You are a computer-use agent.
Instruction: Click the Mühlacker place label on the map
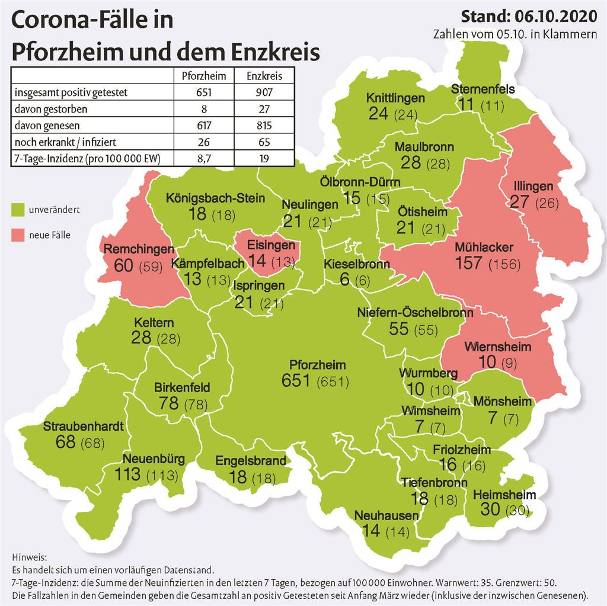(x=484, y=247)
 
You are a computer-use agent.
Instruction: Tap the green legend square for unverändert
(x=18, y=209)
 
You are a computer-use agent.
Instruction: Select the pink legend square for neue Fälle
(x=18, y=235)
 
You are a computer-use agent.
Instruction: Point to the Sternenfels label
(x=483, y=89)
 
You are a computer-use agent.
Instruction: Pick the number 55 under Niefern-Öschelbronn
(x=398, y=328)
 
